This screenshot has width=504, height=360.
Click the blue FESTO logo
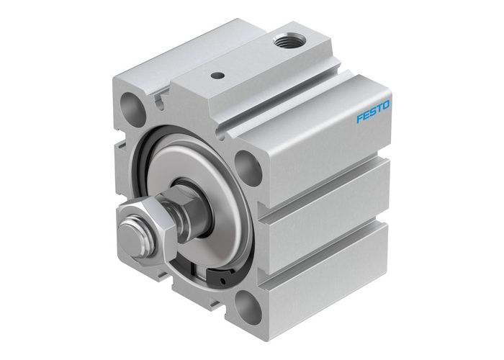point(374,112)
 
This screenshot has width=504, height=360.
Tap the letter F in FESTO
point(360,119)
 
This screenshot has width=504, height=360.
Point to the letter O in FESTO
point(387,106)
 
